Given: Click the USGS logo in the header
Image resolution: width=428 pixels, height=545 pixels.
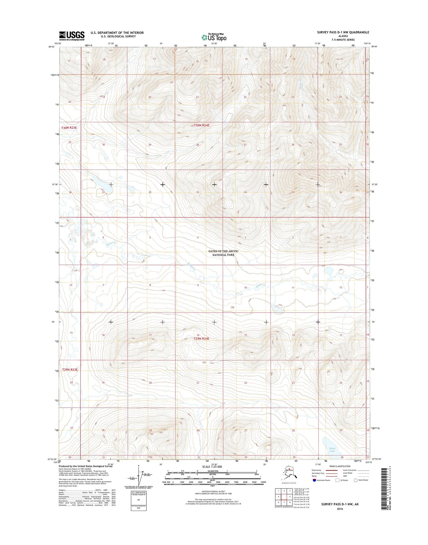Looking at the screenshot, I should point(71,36).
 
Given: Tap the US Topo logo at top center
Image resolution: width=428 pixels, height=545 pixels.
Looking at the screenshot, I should point(214,37).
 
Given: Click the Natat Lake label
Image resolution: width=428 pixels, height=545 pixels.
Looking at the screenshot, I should point(332,450).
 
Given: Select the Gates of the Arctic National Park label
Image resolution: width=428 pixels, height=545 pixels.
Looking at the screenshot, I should point(223,253).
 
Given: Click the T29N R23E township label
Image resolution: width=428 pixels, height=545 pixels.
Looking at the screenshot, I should point(69,370).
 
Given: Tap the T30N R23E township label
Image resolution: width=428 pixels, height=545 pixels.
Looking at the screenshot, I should point(69,128).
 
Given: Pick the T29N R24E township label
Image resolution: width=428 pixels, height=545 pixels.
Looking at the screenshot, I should point(201,338).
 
